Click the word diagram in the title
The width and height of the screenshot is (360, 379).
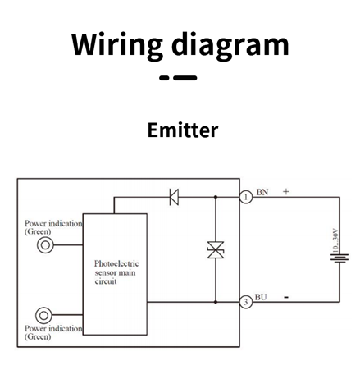(x=230, y=45)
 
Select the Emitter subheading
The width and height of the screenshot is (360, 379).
(x=183, y=130)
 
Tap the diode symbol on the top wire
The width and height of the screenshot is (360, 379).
(x=174, y=197)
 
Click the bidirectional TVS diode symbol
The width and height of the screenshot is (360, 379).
(x=216, y=250)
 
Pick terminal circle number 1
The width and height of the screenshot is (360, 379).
(x=246, y=197)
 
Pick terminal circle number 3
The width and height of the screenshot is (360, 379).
(x=246, y=302)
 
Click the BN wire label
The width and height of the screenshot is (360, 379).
(x=262, y=192)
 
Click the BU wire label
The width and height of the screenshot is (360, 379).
(x=261, y=297)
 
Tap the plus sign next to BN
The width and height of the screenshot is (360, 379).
(x=286, y=191)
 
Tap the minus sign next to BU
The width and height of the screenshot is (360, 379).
(x=286, y=297)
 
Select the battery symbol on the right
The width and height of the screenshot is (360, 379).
(x=339, y=258)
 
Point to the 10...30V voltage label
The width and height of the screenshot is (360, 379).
(x=335, y=240)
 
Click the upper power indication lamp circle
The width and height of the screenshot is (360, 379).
(x=45, y=245)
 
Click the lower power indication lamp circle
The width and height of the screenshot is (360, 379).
(x=43, y=315)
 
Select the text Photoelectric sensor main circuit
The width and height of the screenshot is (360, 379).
(x=116, y=272)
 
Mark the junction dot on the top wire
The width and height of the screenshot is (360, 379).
(x=216, y=197)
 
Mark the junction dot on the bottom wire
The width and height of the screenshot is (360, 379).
(x=216, y=302)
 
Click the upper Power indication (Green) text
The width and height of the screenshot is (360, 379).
(x=53, y=227)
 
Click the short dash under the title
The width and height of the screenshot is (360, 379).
(x=164, y=78)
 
